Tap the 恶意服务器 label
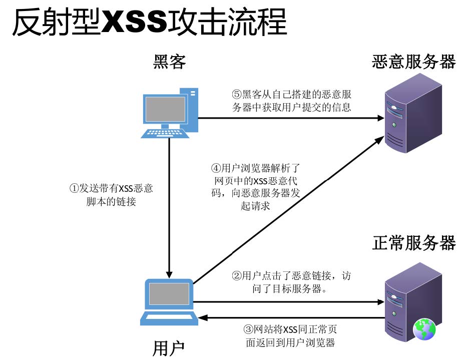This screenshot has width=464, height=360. click(x=413, y=62)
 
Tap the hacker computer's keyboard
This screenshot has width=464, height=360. click(x=166, y=133)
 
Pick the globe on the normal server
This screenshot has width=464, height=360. click(x=424, y=329)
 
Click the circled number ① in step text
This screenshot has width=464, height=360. click(x=74, y=189)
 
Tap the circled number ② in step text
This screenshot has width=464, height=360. click(x=236, y=275)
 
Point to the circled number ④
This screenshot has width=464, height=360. click(x=216, y=169)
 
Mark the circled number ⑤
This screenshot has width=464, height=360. click(x=237, y=94)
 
